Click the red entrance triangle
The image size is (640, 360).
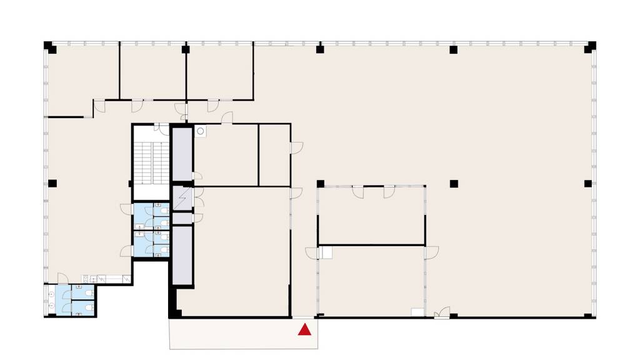pyautogui.click(x=305, y=330)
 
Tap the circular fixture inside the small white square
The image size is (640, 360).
pyautogui.click(x=201, y=131)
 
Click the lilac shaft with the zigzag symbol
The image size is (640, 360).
pyautogui.click(x=182, y=198)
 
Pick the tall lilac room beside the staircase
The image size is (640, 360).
pyautogui.click(x=182, y=153)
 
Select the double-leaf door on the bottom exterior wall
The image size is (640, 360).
pyautogui.click(x=442, y=313)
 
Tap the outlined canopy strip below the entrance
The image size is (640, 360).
pyautogui.click(x=244, y=334)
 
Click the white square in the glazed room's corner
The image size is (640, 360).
pyautogui.click(x=417, y=311)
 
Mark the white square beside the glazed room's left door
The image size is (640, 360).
pyautogui.click(x=325, y=252)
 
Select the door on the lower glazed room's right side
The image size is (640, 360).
pyautogui.click(x=432, y=252)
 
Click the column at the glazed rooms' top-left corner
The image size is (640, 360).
pyautogui.click(x=320, y=184)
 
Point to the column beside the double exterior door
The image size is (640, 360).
pyautogui.click(x=454, y=315)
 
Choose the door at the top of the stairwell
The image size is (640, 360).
pyautogui.click(x=162, y=128)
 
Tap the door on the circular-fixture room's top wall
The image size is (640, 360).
pyautogui.click(x=227, y=118)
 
